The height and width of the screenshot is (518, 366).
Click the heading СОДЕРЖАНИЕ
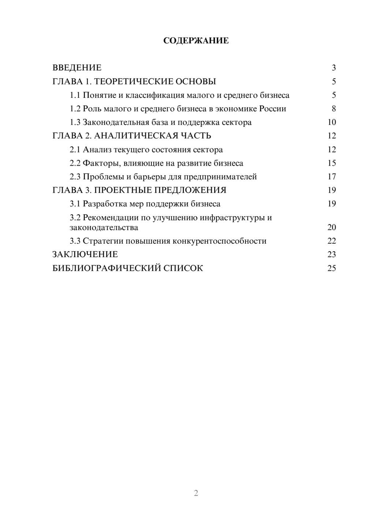point(196,41)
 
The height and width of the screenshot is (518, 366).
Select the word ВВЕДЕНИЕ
point(77,68)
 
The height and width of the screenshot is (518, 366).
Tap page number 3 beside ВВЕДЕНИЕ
point(333,68)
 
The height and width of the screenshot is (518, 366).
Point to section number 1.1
point(75,95)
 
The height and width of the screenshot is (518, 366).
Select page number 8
point(333,109)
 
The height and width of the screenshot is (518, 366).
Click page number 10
point(332,122)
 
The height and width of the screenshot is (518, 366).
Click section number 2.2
point(75,163)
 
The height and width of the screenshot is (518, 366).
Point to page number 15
point(332,163)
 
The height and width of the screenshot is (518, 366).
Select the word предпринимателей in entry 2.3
point(220,177)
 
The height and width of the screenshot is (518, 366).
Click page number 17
point(332,177)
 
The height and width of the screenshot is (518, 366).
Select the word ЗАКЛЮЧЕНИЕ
point(85,255)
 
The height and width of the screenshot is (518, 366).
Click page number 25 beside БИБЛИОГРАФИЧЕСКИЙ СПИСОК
point(332,268)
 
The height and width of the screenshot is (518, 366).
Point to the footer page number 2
point(196,493)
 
